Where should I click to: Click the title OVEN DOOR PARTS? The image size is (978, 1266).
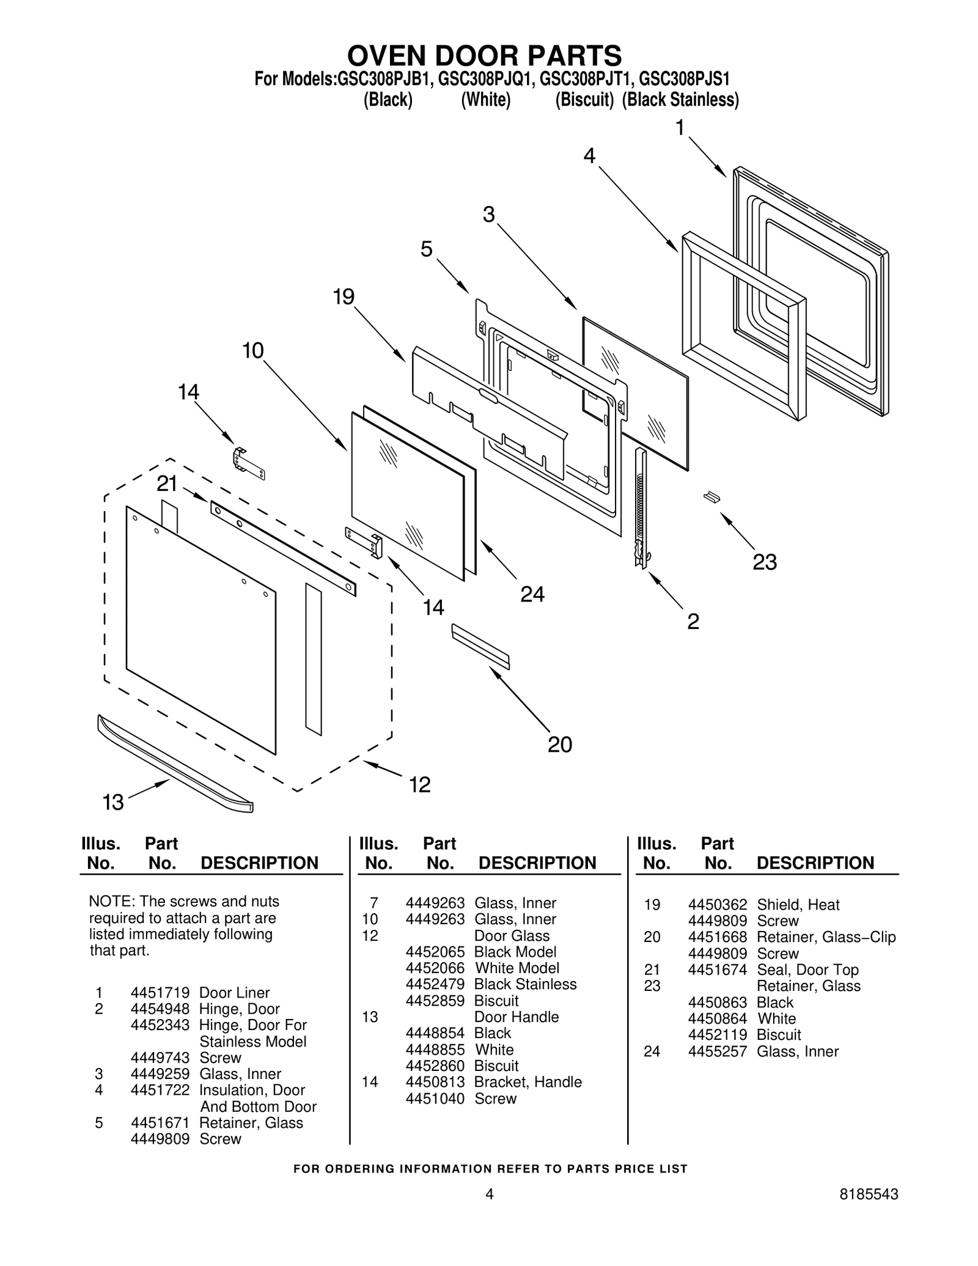point(485,56)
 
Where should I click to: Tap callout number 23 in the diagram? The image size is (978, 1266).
point(764,562)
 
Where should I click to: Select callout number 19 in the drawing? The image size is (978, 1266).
point(344,297)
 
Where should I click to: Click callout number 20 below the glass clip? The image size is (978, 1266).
point(559,745)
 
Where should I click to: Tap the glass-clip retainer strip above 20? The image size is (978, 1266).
point(480,646)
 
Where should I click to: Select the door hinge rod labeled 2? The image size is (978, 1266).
point(640,507)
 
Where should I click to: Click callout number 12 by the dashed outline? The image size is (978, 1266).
point(420,784)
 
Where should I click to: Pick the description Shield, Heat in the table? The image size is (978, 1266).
point(798,905)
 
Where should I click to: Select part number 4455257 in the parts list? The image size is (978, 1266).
point(717,1051)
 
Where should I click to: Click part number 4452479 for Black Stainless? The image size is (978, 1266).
point(435,984)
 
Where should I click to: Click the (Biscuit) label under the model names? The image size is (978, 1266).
point(584,100)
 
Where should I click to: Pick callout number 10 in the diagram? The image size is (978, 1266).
point(252,351)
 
